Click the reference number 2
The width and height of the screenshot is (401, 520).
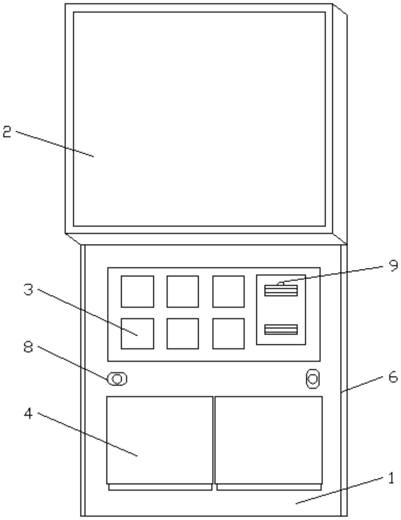tap(7, 132)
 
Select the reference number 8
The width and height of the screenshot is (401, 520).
tap(29, 348)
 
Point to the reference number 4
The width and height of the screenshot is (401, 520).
tap(29, 414)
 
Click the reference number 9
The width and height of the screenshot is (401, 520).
tap(393, 265)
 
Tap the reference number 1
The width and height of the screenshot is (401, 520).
tap(391, 479)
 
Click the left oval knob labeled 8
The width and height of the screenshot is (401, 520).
tap(117, 379)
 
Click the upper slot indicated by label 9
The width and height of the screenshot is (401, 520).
tap(281, 290)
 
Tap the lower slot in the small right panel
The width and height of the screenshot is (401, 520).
tap(281, 329)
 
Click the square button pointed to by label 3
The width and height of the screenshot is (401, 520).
tap(137, 333)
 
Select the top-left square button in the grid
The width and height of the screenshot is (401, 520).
tap(137, 291)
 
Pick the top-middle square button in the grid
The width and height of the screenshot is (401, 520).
tap(183, 291)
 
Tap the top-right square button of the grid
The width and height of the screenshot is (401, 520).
tap(228, 291)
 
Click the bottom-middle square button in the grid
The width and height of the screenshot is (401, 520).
tap(183, 333)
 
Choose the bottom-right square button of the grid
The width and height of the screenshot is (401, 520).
tap(228, 333)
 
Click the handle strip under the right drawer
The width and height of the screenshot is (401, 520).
tap(269, 487)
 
